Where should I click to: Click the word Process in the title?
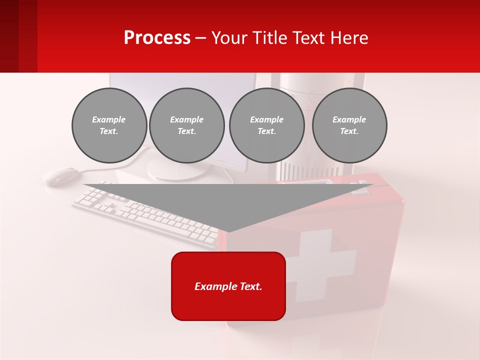point(157,38)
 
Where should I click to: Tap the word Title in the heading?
point(268,38)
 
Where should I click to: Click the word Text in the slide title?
point(309,38)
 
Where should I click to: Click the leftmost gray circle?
point(109,125)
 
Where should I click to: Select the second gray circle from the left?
point(187,125)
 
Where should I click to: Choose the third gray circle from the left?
point(267,125)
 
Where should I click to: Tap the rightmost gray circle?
point(349,125)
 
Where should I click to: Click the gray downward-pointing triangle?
point(228,202)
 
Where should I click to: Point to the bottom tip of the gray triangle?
point(228,230)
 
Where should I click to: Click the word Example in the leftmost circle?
point(109,119)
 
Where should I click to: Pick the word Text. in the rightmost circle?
point(349,131)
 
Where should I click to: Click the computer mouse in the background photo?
point(61,175)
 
